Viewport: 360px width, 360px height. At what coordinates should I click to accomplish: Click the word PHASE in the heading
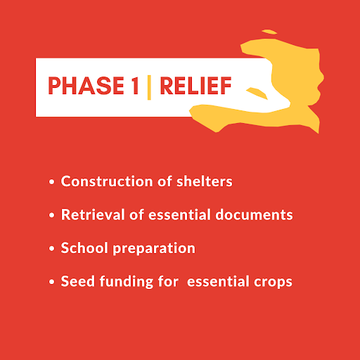click(86, 86)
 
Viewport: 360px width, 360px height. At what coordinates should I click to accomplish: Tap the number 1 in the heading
click(135, 86)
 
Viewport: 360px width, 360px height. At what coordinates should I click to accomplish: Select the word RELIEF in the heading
click(195, 86)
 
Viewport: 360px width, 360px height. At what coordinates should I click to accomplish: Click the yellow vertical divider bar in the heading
click(149, 87)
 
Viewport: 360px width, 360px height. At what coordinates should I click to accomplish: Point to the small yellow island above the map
click(269, 32)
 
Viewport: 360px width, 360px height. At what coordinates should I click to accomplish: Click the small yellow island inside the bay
click(257, 93)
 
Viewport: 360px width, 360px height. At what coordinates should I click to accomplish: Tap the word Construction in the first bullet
click(107, 181)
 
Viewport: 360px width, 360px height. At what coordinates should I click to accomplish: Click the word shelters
click(205, 181)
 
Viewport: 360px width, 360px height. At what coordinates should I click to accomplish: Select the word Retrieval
click(93, 214)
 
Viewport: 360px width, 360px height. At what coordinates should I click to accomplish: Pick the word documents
click(254, 214)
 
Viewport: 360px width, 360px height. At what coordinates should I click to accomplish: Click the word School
click(84, 248)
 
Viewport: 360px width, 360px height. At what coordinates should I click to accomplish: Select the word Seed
click(78, 281)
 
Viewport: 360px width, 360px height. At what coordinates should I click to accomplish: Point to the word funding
click(127, 282)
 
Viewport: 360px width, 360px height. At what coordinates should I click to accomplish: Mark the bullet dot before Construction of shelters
click(52, 182)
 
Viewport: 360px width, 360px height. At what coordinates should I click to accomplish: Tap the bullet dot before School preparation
click(52, 248)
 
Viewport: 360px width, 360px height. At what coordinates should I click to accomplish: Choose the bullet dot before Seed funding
click(52, 282)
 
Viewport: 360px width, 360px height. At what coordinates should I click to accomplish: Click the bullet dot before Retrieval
click(52, 215)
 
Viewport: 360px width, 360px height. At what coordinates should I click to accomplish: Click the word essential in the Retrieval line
click(179, 214)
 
